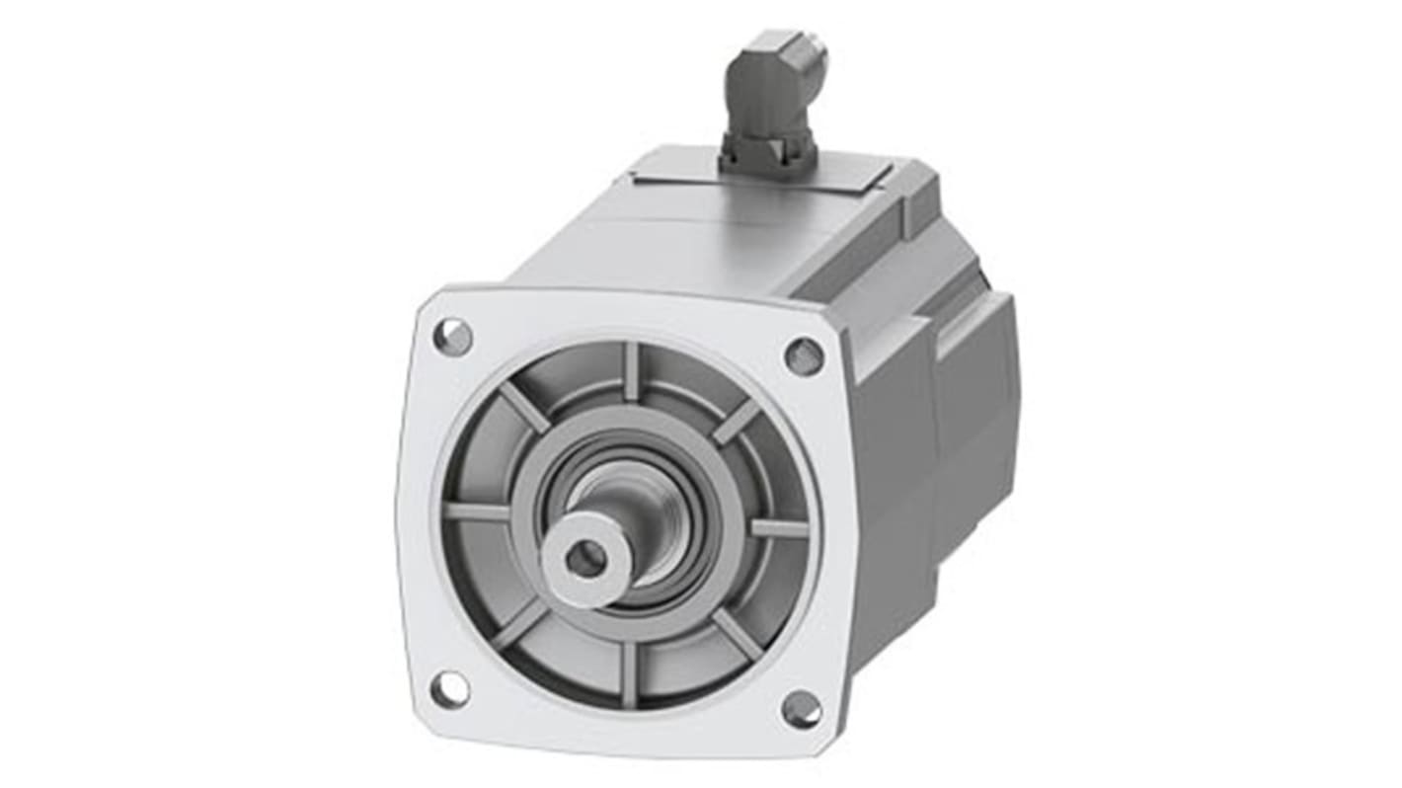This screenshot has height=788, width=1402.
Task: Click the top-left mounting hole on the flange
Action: point(452,337)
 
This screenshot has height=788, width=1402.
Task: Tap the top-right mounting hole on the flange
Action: point(804,355)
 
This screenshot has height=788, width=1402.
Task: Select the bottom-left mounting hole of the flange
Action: point(450,688)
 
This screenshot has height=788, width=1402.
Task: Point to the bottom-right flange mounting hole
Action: point(801,708)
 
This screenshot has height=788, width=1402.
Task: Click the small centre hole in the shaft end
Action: point(585,560)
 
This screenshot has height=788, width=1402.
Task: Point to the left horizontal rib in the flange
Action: point(477,512)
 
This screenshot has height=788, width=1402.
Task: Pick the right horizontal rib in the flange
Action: point(780,528)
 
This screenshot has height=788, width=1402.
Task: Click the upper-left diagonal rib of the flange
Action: point(524,407)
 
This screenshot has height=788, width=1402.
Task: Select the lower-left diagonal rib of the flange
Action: point(520,624)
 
